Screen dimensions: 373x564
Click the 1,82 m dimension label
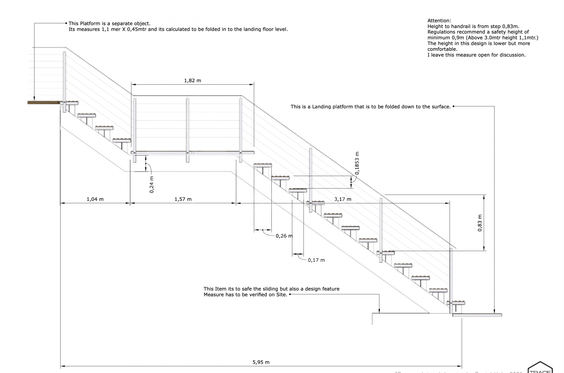click(192, 80)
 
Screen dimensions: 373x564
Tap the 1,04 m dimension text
click(95, 199)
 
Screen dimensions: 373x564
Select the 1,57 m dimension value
click(183, 199)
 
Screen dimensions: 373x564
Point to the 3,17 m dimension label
click(343, 199)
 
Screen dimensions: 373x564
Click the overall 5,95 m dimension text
click(261, 362)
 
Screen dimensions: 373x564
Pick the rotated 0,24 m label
click(152, 184)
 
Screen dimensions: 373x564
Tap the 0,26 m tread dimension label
click(284, 236)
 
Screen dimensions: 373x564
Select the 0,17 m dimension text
click(316, 260)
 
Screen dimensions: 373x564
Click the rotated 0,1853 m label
click(357, 163)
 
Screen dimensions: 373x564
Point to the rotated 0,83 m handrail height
click(480, 223)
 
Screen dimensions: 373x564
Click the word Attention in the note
click(439, 21)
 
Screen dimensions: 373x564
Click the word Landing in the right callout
click(322, 107)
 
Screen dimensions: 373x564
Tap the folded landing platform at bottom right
click(477, 315)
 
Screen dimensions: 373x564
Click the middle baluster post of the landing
click(187, 129)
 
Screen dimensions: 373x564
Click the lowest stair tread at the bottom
click(456, 303)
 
